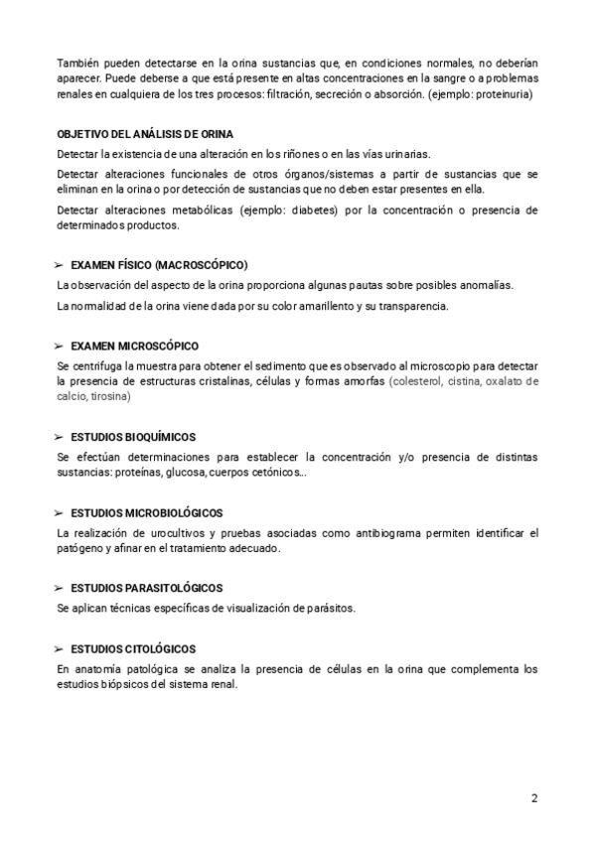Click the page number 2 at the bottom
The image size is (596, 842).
coord(534,797)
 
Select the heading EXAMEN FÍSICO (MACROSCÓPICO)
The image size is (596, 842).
coord(159,265)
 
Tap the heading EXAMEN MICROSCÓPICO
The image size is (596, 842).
coord(135,346)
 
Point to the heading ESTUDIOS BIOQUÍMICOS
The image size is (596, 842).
coord(133,437)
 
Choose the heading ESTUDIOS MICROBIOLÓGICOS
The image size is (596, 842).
coord(147,513)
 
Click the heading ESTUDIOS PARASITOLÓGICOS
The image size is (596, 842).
coord(147,588)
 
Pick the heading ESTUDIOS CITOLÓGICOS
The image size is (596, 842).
coord(133,648)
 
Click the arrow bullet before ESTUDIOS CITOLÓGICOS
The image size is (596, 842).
coord(60,648)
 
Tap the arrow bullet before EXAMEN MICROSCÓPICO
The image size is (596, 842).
coord(60,346)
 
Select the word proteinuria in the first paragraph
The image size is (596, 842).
coord(506,95)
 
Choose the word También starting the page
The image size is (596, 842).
coord(78,64)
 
